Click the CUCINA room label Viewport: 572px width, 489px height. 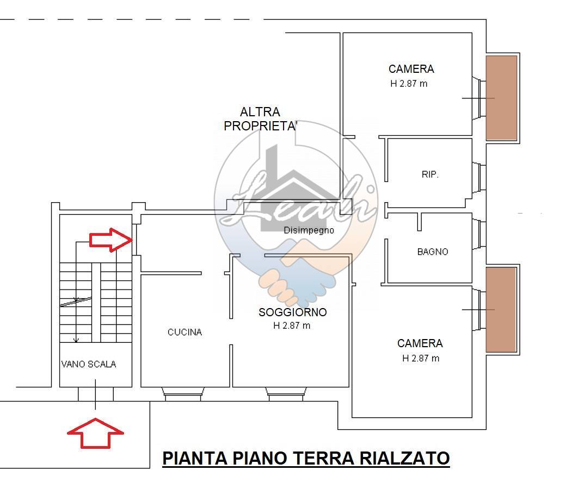coord(184,332)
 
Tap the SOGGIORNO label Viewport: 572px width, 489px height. coord(293,312)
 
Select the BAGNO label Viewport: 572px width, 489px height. coord(433,252)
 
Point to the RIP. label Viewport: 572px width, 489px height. coord(430,174)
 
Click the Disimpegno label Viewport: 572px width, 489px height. coord(309,230)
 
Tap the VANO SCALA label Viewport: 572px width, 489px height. coord(89,364)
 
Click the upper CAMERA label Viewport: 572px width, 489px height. coord(411,69)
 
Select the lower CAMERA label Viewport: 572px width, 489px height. coord(420,343)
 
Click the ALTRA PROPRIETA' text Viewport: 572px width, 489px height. coord(260,118)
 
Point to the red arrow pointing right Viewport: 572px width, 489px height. coord(110,240)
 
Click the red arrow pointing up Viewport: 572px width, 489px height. coord(95,433)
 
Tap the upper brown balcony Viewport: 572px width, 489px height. coord(501,98)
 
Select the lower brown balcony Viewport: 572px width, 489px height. coord(501,310)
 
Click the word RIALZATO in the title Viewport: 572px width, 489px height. coord(404,459)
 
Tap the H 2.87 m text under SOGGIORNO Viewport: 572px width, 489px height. coord(292,326)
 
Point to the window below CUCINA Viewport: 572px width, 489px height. coord(183,394)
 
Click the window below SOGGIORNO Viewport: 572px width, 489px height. coord(285,394)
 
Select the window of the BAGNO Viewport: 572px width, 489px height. coord(479,234)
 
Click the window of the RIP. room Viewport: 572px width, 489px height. coord(479,177)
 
